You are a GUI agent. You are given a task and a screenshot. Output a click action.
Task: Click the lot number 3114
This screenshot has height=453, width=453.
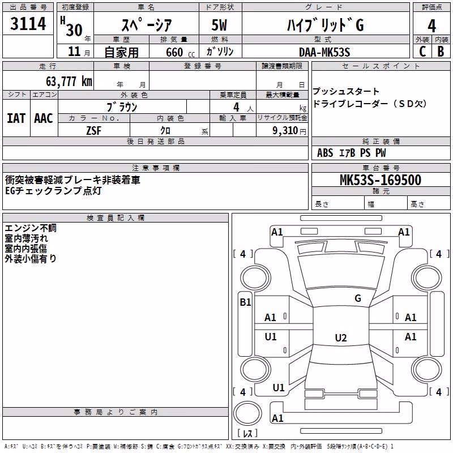[x=28, y=23]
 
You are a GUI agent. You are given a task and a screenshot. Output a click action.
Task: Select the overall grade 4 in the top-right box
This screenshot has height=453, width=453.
[x=431, y=25]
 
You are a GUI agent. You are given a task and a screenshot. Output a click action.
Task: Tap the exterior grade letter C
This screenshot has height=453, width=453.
[x=422, y=52]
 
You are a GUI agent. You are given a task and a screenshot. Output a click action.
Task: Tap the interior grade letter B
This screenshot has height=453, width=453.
[x=441, y=52]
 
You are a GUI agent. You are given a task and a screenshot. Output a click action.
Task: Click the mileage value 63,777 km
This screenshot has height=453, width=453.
[x=69, y=82]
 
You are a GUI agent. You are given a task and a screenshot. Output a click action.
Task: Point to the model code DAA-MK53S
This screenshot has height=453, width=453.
[x=324, y=52]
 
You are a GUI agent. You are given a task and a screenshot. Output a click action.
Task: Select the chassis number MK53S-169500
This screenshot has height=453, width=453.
[x=381, y=180]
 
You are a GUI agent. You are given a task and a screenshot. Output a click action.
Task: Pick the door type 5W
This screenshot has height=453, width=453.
[x=219, y=25]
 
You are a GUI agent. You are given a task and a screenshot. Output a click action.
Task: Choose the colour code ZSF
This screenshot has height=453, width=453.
[x=93, y=131]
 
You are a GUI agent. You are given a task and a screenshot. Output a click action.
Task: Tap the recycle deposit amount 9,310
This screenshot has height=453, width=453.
[x=285, y=130]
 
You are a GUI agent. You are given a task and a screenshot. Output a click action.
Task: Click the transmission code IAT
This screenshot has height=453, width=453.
[x=16, y=118]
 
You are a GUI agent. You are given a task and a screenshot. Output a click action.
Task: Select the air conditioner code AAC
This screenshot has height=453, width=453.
[x=44, y=118]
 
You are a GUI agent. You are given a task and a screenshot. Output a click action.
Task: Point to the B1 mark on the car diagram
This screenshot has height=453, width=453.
[x=245, y=302]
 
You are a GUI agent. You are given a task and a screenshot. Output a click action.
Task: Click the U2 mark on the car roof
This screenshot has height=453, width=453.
[x=341, y=337]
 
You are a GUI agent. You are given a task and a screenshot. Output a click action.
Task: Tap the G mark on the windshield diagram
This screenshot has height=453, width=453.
[x=358, y=298]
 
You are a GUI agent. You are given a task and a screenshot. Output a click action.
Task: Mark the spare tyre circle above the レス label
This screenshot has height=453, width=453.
[x=247, y=413]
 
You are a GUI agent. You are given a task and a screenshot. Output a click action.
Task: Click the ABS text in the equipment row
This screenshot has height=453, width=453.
[x=325, y=153]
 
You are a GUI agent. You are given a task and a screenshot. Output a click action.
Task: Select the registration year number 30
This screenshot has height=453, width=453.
[x=74, y=30]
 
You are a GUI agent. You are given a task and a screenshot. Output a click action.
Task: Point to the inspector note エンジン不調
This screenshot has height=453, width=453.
[x=31, y=228]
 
